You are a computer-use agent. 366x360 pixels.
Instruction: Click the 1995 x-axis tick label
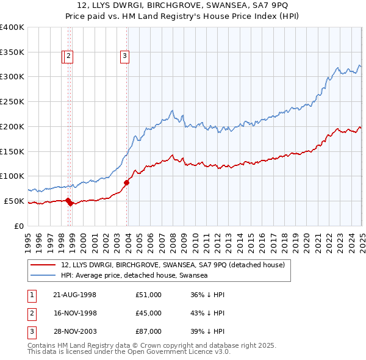coord(28,237)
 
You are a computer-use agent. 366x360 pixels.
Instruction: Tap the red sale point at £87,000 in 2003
coord(127,182)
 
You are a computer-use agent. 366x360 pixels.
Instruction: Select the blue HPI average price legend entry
coord(134,276)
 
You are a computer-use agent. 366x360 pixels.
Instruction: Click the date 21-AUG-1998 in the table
coord(74,295)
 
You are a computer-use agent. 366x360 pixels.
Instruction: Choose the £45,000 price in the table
coord(149,313)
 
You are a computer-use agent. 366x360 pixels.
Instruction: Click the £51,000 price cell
coord(149,295)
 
